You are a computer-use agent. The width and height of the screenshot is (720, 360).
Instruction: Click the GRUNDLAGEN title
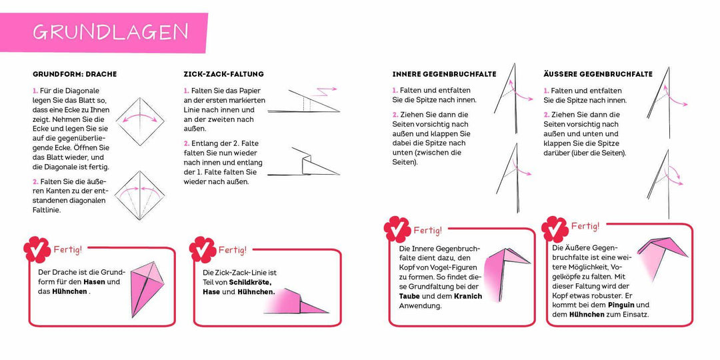(x=111, y=32)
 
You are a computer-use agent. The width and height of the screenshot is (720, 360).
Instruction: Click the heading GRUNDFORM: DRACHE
(x=75, y=74)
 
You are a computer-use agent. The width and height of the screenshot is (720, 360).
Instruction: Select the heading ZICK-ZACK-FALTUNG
(x=223, y=74)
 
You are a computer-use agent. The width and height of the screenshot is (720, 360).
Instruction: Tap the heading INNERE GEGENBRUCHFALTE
(x=444, y=74)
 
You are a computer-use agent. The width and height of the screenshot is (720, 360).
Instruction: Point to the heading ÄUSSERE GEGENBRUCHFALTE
(x=598, y=74)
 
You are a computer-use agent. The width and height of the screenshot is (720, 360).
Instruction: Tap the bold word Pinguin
(x=612, y=304)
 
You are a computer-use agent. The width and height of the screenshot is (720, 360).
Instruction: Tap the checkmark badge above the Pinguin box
(x=554, y=229)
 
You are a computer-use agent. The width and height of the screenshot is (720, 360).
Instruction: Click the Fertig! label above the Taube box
(x=427, y=231)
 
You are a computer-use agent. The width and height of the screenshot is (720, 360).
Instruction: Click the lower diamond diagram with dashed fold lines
(x=140, y=195)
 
